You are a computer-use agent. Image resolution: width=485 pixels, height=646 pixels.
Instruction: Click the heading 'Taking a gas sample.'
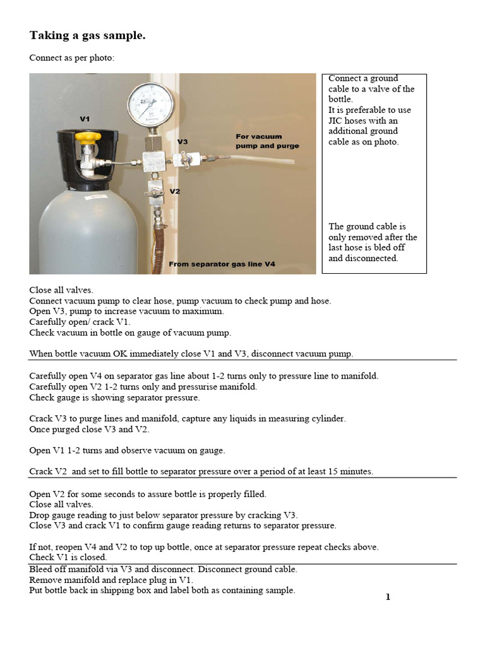87,36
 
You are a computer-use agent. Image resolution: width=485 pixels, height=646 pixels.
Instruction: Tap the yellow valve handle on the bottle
85,137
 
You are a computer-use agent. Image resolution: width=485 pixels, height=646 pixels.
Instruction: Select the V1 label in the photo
85,119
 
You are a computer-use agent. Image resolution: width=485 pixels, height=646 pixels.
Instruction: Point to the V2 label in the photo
175,191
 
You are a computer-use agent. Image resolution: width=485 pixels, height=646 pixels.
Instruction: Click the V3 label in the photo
183,142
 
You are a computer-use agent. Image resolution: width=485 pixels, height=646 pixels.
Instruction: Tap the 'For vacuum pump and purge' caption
266,141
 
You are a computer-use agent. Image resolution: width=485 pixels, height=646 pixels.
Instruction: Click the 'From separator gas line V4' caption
222,264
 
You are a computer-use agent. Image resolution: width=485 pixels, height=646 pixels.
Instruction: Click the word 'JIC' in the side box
336,120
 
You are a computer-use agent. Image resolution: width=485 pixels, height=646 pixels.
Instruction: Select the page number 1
388,597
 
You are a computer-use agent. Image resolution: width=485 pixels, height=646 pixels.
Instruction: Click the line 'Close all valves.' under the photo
61,290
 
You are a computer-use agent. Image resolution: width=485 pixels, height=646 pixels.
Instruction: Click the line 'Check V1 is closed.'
68,557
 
